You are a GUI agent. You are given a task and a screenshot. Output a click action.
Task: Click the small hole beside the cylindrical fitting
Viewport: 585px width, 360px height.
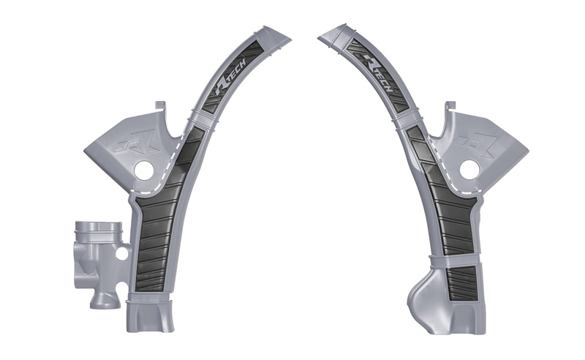(x=121, y=254)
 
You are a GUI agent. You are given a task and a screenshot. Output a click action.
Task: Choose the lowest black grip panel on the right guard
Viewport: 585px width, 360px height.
(x=460, y=282)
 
